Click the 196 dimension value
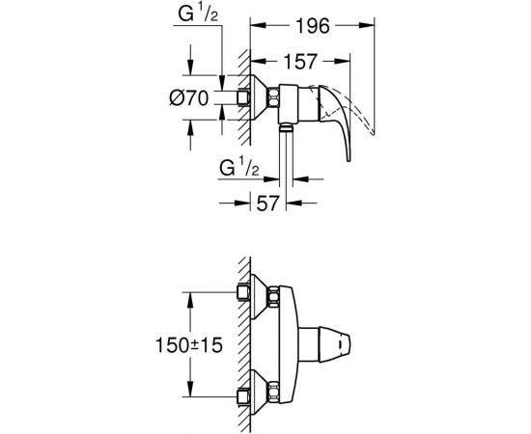312,26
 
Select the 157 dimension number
300,62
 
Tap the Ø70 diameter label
188,98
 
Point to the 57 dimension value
267,203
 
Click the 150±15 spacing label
189,345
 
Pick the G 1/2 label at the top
198,14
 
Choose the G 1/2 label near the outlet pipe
239,168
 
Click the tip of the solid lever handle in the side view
349,160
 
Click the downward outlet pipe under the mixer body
286,155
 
